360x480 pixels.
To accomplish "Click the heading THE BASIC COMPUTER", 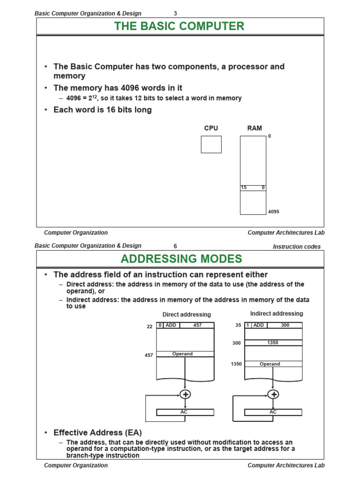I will pos(179,26).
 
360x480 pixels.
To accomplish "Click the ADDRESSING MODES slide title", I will pos(181,259).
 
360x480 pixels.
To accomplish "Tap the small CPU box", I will pos(211,144).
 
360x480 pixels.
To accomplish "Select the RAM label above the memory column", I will pos(255,128).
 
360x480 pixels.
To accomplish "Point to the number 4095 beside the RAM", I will pos(274,212).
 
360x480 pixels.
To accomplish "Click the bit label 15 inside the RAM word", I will pos(243,187).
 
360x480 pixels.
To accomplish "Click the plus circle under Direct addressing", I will pos(186,394).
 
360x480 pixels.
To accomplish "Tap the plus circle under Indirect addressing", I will pos(273,394).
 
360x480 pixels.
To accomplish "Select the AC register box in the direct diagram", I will pos(185,412).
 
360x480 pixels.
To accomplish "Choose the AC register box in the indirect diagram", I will pos(273,412).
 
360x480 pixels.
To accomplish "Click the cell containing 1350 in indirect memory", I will pos(273,343).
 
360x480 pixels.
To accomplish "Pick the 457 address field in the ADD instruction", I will pos(197,325).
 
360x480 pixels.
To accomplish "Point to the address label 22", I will pos(150,327).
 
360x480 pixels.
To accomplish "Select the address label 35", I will pos(238,325).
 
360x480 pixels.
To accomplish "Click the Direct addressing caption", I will pos(187,315).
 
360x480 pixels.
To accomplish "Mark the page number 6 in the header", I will pos(175,247).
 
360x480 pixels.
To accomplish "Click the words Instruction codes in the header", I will pos(297,247).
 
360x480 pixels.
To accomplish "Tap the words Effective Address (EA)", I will pos(97,432).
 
